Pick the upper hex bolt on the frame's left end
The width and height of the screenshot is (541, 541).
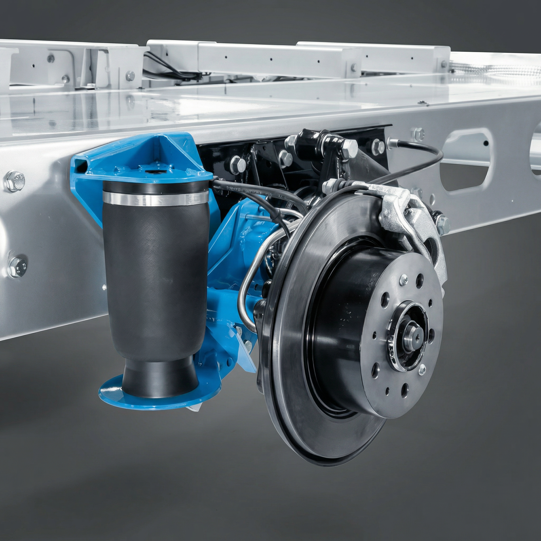(x=15, y=181)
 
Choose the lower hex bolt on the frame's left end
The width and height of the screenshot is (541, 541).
(x=17, y=267)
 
